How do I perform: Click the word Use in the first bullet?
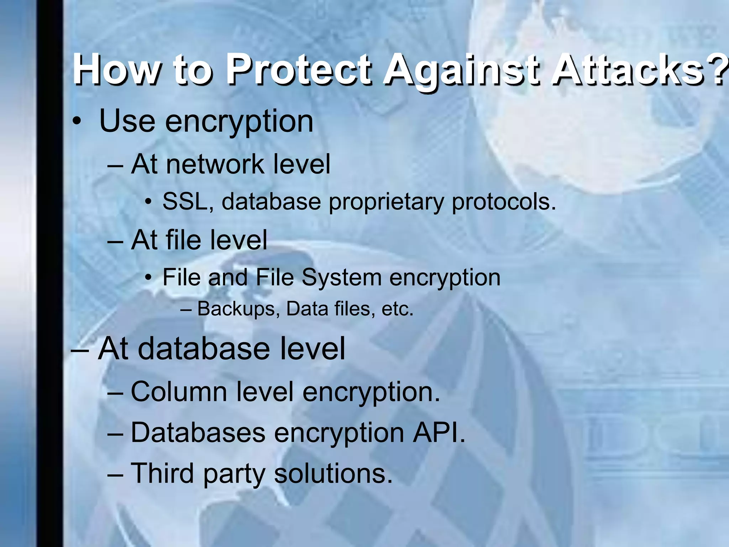pos(127,121)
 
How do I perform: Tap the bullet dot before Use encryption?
pos(76,122)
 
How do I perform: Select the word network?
pos(215,165)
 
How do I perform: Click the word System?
pos(341,278)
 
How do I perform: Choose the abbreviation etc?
pos(397,309)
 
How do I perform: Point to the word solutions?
pos(333,474)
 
